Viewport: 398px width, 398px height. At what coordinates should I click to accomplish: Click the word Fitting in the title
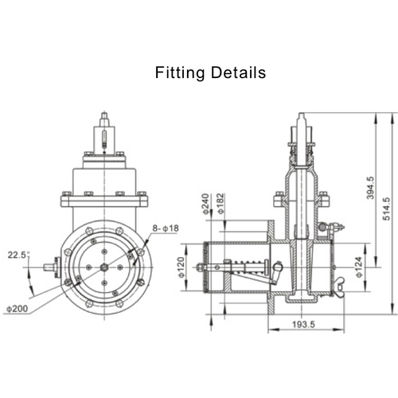coord(180,73)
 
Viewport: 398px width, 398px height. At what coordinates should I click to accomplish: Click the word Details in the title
coord(236,73)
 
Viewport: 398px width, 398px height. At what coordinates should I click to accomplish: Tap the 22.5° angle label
coord(18,255)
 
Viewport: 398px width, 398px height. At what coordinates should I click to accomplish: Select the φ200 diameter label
coord(18,308)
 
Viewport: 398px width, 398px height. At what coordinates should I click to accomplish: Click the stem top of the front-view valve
coord(104,119)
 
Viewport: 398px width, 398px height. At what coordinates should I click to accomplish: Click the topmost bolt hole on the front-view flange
coord(104,232)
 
